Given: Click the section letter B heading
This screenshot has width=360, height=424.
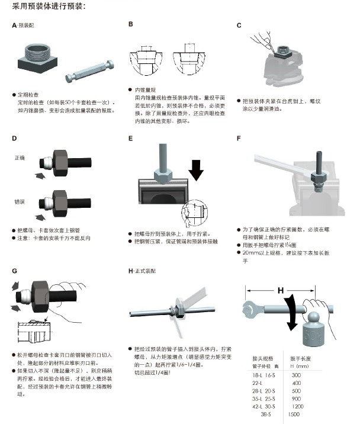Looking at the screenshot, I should [x=131, y=24].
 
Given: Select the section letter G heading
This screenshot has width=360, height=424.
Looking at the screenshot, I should [x=14, y=271].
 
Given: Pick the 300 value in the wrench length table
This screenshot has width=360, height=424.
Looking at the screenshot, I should [x=296, y=375].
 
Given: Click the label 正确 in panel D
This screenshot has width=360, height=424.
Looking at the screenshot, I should [x=20, y=158].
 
